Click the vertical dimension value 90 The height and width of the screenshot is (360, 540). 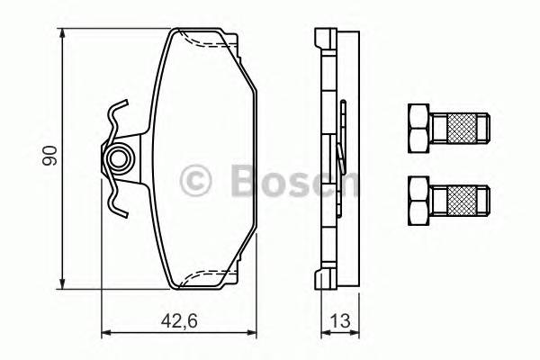point(53,155)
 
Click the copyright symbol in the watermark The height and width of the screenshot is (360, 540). point(196,180)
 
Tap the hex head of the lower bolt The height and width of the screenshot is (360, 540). point(418,198)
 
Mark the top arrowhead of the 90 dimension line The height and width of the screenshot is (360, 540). point(63,33)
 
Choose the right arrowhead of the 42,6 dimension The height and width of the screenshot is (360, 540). point(255,334)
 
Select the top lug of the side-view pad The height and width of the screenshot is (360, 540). point(324,39)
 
